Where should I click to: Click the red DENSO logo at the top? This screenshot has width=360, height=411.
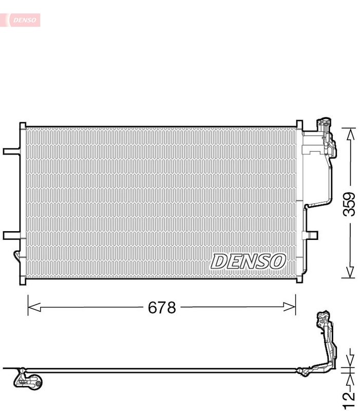point(21,20)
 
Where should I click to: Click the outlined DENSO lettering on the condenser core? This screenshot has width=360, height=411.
point(248,261)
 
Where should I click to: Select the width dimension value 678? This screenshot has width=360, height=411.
point(162,308)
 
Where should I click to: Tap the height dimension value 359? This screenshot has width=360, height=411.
point(349,204)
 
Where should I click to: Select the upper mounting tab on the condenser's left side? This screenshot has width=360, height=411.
point(11,152)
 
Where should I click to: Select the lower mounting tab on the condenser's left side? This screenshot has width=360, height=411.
point(11,235)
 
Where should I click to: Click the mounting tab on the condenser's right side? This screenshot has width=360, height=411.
point(311,235)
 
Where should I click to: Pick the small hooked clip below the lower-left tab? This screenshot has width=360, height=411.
point(16,257)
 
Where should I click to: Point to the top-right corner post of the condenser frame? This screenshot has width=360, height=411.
point(299,125)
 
